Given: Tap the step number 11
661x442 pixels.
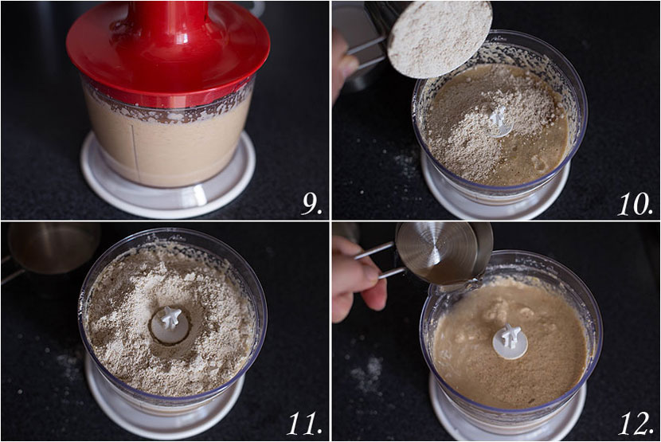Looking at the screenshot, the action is [304, 424].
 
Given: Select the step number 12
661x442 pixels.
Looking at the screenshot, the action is [636, 424].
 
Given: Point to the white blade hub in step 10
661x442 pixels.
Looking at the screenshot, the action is [501, 123].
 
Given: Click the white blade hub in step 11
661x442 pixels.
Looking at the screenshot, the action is [170, 324].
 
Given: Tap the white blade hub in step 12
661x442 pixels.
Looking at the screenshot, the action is [510, 342].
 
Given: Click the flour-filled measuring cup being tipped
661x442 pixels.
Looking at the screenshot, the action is [439, 39].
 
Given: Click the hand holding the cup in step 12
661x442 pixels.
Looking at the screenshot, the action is [358, 279].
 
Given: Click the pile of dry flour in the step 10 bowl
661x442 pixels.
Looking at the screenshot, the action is [476, 127].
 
